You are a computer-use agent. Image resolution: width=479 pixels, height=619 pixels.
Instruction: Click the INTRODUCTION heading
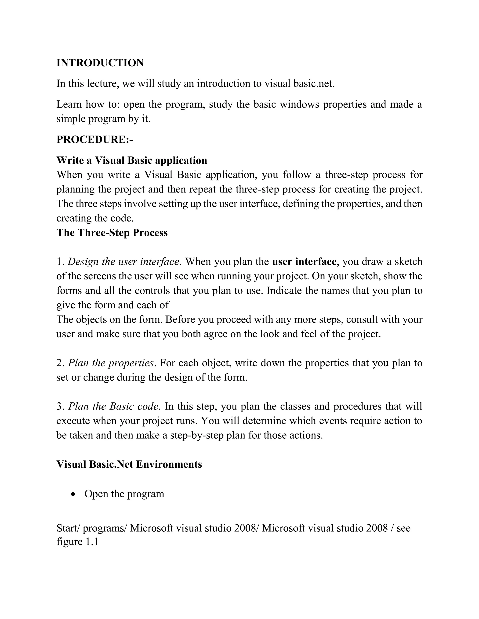point(100,63)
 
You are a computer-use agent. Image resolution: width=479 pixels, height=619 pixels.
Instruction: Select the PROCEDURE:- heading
point(95,139)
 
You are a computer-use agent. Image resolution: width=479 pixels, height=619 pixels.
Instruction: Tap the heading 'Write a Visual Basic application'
point(132,160)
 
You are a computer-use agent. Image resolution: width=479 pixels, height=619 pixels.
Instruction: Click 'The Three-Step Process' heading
point(112,233)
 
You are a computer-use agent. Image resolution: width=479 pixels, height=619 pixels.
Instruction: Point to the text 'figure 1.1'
point(77,542)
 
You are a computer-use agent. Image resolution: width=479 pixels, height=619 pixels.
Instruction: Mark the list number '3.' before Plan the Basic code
point(61,406)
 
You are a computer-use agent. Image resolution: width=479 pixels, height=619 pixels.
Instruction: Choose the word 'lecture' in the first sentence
point(103,84)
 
